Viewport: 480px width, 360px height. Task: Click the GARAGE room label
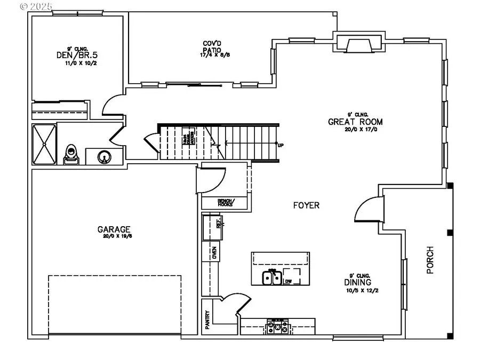coord(114,230)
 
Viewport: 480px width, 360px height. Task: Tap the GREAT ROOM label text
coord(355,122)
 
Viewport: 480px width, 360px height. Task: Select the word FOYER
coord(306,205)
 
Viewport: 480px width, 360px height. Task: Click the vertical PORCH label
coord(430,260)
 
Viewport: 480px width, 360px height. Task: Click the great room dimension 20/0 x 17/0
coord(355,130)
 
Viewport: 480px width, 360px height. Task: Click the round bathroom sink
coord(103,157)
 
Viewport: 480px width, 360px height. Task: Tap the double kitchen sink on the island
coord(271,278)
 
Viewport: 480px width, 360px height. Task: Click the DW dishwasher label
coord(289,281)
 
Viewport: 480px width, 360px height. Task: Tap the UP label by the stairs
coord(281,145)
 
